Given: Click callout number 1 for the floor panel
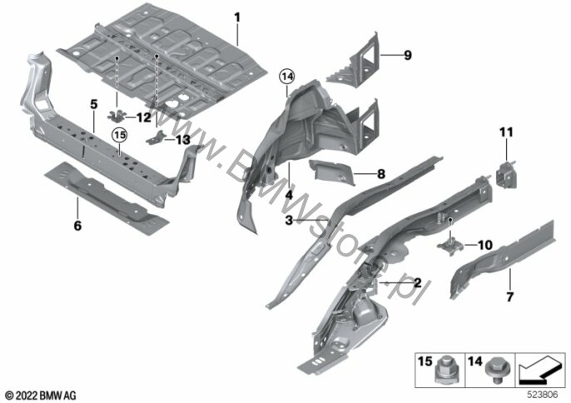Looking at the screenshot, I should click(x=236, y=17).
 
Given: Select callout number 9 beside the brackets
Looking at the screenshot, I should click(x=408, y=57).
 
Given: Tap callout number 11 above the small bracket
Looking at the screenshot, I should click(x=507, y=132).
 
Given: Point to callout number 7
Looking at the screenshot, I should click(x=510, y=296).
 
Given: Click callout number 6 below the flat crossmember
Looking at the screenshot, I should click(x=77, y=225).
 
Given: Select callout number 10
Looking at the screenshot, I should click(x=485, y=245).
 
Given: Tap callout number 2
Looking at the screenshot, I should click(x=417, y=283).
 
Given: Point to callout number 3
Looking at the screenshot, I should click(x=289, y=221).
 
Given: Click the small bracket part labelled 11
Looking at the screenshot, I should click(x=506, y=173).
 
